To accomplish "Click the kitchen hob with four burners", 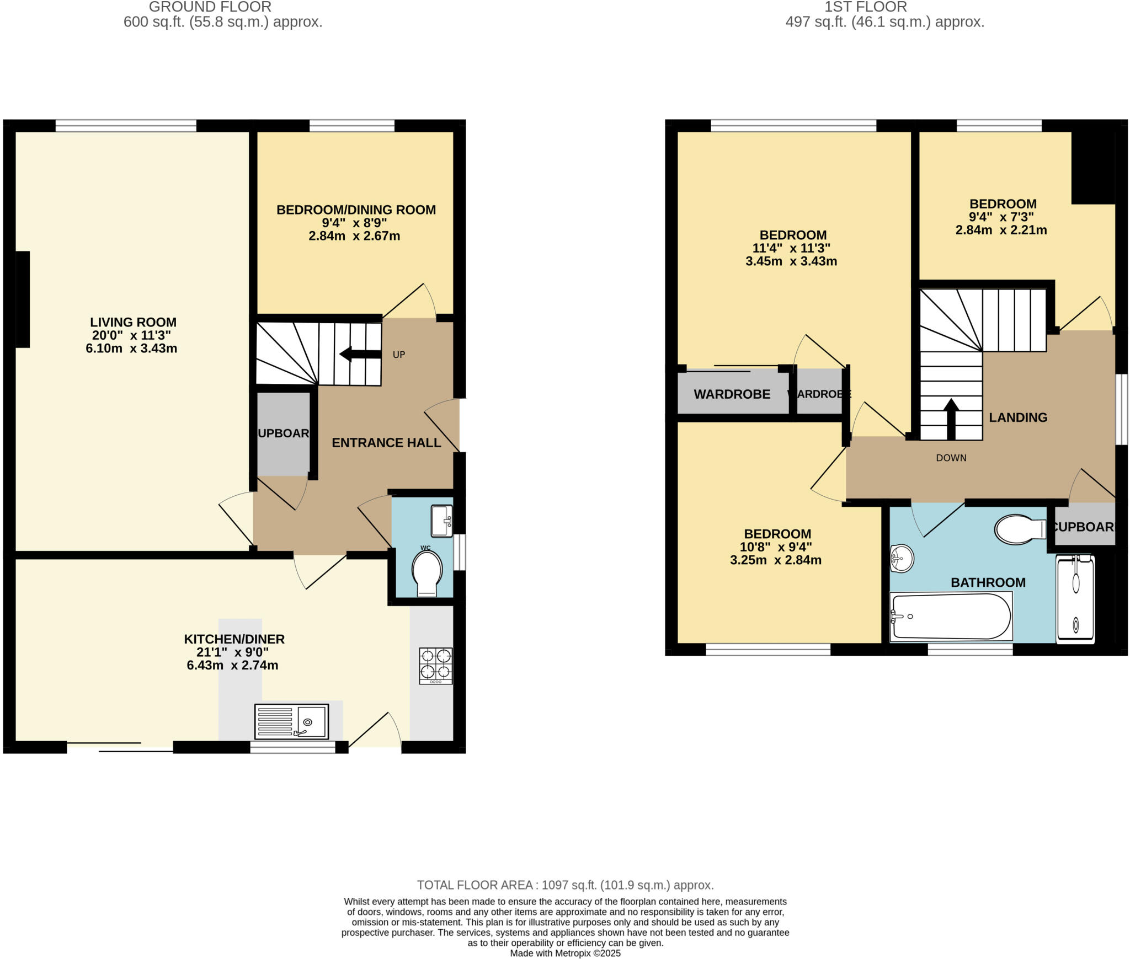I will pyautogui.click(x=436, y=666).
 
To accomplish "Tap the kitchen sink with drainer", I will pyautogui.click(x=291, y=721).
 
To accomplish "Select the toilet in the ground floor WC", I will pyautogui.click(x=427, y=574).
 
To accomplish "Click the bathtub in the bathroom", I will pyautogui.click(x=951, y=617).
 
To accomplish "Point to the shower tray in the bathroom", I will pyautogui.click(x=1075, y=599).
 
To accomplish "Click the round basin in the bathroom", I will pyautogui.click(x=902, y=559).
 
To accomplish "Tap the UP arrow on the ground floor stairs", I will pyautogui.click(x=360, y=354).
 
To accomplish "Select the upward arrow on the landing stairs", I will pyautogui.click(x=951, y=419).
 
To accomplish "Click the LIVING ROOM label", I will pyautogui.click(x=133, y=322).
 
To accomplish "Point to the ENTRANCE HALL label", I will pyautogui.click(x=386, y=443).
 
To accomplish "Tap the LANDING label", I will pyautogui.click(x=1018, y=417).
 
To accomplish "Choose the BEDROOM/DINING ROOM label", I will pyautogui.click(x=356, y=210).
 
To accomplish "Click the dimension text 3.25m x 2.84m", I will pyautogui.click(x=775, y=560).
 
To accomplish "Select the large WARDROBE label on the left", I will pyautogui.click(x=732, y=394).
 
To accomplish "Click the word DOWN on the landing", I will pyautogui.click(x=951, y=458).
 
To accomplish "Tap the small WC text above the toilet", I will pyautogui.click(x=425, y=548).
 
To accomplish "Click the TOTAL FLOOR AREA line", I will pyautogui.click(x=565, y=885).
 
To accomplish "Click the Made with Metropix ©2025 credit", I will pyautogui.click(x=565, y=953).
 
